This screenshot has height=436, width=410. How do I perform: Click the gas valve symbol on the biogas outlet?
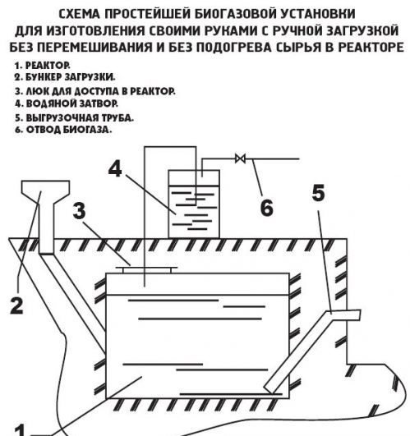(240, 158)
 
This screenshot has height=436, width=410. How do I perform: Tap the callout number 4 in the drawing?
(115, 169)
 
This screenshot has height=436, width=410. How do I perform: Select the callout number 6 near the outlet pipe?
(267, 208)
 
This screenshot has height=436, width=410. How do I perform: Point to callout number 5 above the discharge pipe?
(319, 193)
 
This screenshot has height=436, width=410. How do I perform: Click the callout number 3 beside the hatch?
(80, 210)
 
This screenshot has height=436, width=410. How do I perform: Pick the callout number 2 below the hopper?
(17, 305)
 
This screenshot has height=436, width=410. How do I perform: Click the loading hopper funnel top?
(46, 189)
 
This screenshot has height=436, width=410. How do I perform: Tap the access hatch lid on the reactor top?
(146, 269)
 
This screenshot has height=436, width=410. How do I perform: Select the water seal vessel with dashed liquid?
(194, 204)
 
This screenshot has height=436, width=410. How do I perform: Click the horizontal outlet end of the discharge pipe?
(345, 314)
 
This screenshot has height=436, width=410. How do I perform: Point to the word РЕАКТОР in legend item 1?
(48, 66)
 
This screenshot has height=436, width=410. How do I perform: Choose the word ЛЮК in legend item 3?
(35, 91)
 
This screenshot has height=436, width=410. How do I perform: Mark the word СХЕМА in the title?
(79, 14)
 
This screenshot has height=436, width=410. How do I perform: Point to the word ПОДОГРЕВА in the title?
(233, 48)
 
